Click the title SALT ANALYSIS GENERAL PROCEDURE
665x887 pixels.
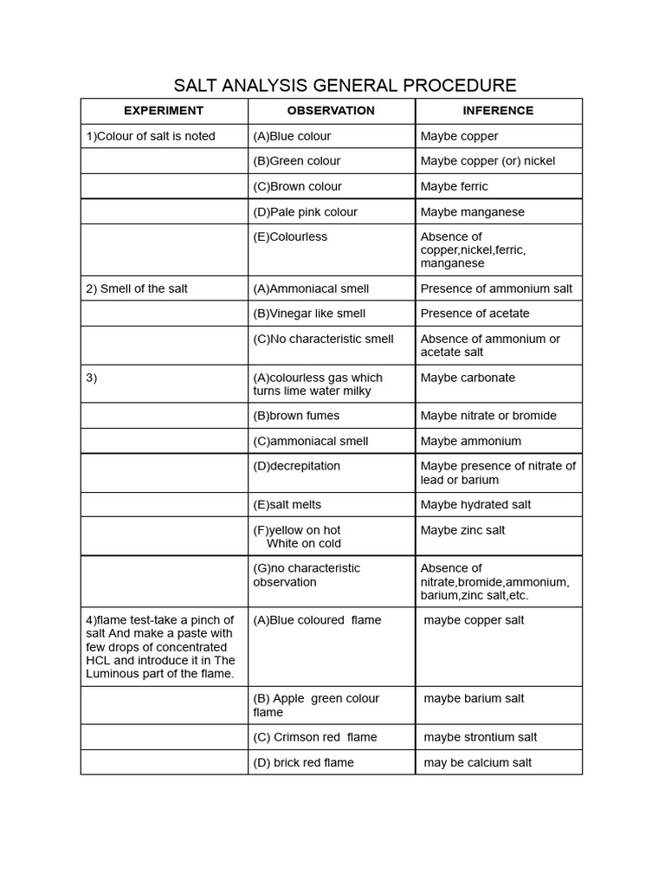pos(345,85)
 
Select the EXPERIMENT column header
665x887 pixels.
pos(164,111)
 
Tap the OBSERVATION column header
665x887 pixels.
pos(331,111)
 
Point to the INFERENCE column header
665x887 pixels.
pos(498,111)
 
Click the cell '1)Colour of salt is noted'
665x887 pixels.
pos(151,136)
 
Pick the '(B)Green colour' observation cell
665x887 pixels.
pos(296,161)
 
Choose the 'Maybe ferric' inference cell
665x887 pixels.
pos(454,186)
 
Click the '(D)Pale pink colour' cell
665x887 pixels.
pos(305,211)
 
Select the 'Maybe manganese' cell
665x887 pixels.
pos(472,211)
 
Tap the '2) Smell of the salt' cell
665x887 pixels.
pos(137,288)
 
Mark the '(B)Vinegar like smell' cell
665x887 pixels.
pos(309,314)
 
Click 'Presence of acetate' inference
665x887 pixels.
pos(475,314)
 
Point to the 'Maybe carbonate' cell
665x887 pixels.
pos(468,378)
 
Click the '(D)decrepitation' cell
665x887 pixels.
pos(296,466)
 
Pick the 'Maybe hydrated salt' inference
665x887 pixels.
pos(475,505)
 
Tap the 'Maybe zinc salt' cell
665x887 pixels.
pos(462,530)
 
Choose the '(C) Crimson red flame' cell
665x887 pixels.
pos(315,737)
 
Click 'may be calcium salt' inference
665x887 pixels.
pos(478,763)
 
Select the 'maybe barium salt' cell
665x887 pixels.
pos(474,699)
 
